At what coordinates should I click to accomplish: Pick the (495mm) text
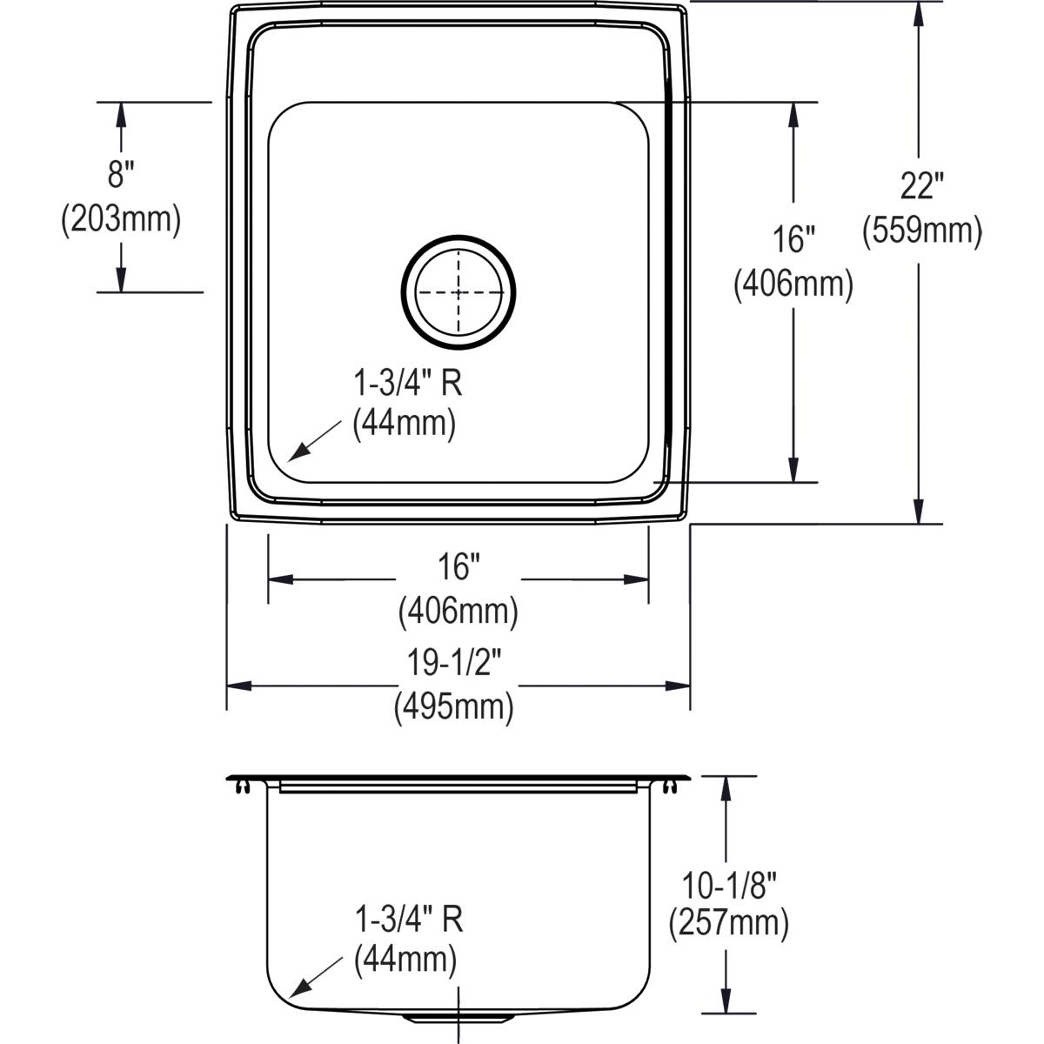(x=453, y=706)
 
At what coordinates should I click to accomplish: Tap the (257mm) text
(x=728, y=923)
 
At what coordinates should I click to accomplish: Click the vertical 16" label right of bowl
(x=793, y=239)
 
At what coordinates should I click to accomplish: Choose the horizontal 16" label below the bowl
(x=458, y=568)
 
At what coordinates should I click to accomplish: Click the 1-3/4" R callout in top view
(x=406, y=383)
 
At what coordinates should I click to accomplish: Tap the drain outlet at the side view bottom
(x=458, y=1017)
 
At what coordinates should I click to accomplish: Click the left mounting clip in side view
(x=242, y=787)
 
